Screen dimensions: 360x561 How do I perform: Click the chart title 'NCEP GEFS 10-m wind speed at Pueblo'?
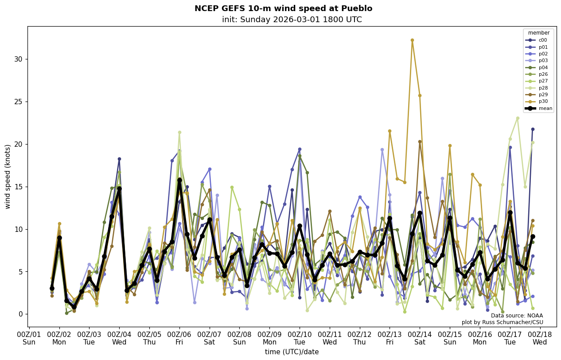283,8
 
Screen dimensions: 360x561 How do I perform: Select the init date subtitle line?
292,20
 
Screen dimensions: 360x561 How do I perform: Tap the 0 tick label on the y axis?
19,314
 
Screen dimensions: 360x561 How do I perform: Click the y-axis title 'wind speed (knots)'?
8,176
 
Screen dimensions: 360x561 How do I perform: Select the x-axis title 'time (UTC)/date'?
292,352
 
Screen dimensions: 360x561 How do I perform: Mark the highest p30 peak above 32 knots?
412,40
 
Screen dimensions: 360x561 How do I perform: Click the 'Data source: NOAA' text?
517,316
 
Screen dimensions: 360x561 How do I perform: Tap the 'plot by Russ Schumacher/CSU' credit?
502,322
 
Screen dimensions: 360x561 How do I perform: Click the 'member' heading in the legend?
538,33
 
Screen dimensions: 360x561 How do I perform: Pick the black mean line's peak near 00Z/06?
179,180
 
